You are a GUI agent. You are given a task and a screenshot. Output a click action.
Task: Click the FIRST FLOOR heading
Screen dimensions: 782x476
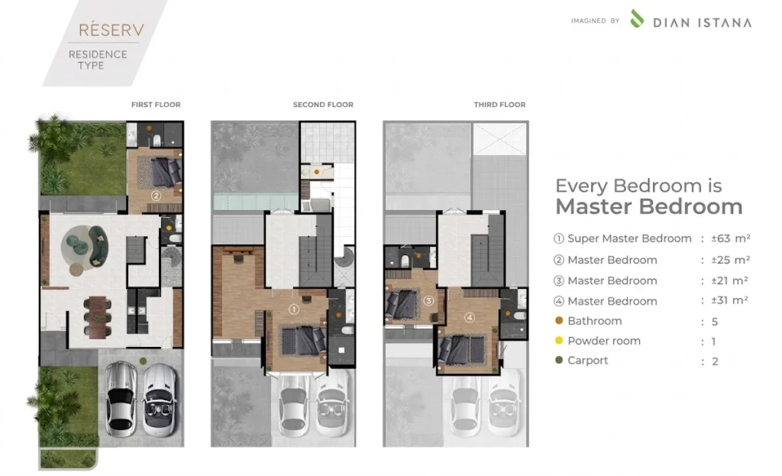(156, 104)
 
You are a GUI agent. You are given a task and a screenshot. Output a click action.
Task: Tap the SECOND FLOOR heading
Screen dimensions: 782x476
(323, 104)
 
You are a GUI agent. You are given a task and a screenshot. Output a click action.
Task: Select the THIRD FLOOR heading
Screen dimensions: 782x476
(500, 104)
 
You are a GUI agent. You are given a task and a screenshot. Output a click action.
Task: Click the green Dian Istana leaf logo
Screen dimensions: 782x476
(637, 18)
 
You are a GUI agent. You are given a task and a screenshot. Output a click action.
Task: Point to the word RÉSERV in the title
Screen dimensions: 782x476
(111, 30)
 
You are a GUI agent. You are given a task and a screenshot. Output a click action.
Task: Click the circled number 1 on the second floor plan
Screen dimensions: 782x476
(294, 309)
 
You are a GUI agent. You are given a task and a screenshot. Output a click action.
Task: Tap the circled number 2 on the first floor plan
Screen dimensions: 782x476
(156, 196)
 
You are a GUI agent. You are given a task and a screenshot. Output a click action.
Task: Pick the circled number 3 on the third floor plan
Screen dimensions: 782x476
(429, 301)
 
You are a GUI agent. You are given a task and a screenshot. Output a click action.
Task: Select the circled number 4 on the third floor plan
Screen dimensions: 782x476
(470, 318)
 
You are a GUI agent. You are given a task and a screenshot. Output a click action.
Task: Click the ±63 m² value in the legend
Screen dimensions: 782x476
(731, 239)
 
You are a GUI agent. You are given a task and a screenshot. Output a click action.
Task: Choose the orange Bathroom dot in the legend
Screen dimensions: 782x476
(559, 320)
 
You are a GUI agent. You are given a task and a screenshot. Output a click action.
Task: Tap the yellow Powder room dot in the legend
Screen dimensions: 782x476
(559, 340)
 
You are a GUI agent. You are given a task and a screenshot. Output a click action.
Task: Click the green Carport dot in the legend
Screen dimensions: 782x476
(559, 360)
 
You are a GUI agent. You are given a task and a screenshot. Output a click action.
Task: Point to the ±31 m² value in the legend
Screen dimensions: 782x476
(730, 301)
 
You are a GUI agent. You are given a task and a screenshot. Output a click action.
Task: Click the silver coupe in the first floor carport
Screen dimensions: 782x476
(121, 399)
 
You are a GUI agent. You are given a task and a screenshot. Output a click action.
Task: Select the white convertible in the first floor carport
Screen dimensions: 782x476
(160, 400)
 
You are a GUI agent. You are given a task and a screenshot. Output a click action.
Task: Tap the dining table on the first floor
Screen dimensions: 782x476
(97, 318)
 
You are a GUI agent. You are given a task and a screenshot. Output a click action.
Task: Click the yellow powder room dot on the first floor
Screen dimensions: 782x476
(169, 228)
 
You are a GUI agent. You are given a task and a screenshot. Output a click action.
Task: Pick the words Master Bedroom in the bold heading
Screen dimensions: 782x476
(649, 207)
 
